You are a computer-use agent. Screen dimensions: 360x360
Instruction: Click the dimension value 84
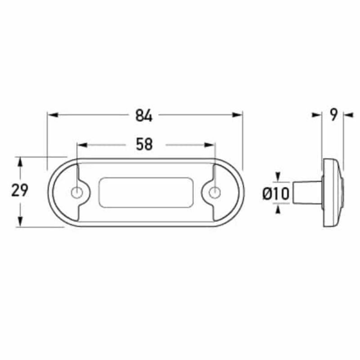144,116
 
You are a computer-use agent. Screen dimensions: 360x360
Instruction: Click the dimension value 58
144,144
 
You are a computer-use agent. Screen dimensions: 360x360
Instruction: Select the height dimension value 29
20,191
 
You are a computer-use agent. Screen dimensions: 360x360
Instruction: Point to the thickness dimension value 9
333,115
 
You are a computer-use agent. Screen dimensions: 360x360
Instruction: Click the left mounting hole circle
77,193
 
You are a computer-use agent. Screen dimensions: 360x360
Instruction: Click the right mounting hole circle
215,193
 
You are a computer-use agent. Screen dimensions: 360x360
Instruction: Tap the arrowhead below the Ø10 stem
278,208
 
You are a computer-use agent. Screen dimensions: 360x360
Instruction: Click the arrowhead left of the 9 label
317,115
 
